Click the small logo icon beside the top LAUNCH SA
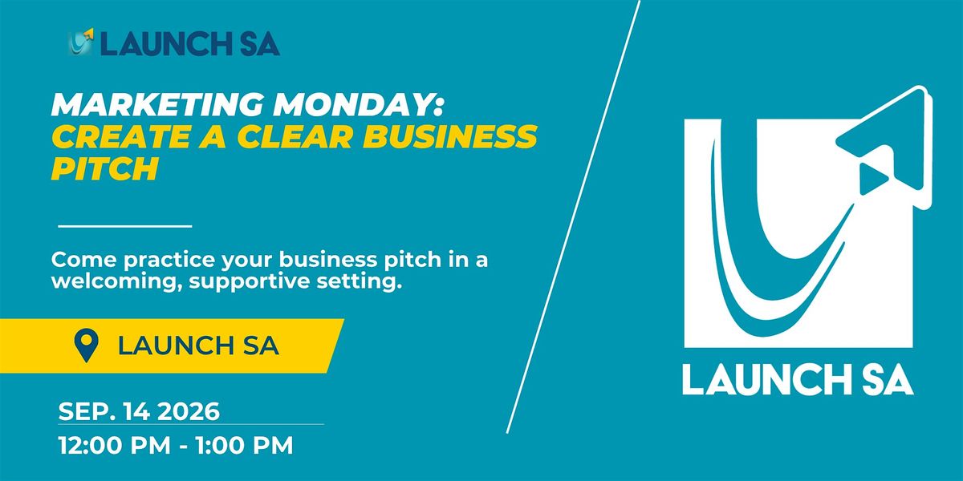click(x=81, y=42)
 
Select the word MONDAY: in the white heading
click(x=358, y=104)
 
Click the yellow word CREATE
click(x=121, y=136)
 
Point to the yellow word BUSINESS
click(x=450, y=136)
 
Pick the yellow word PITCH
click(x=105, y=168)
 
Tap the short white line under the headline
click(x=125, y=226)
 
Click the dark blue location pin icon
click(x=87, y=346)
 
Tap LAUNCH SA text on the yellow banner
click(x=199, y=346)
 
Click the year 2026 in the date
click(x=189, y=411)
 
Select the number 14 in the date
click(x=137, y=411)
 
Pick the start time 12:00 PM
click(x=115, y=446)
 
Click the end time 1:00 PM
click(x=245, y=446)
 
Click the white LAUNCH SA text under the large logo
click(x=798, y=380)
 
